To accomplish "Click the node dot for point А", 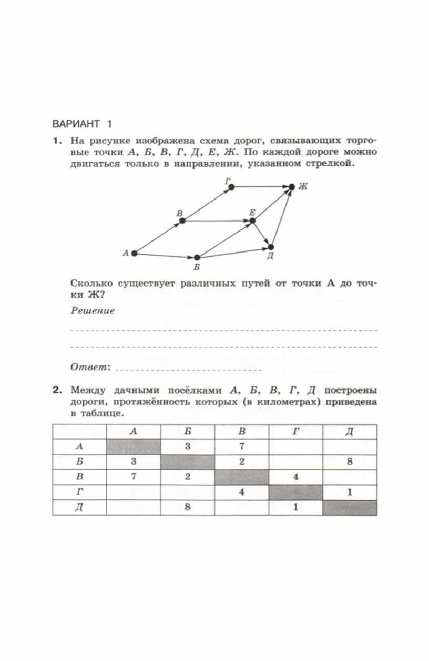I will click(x=134, y=254).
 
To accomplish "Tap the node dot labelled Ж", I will click(x=292, y=186).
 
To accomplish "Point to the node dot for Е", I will click(x=252, y=221).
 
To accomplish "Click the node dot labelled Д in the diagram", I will click(x=271, y=247).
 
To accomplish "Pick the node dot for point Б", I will click(x=197, y=258).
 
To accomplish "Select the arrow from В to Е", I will click(x=217, y=221).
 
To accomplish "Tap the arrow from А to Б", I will click(x=166, y=256).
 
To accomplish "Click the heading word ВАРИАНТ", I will click(x=76, y=124).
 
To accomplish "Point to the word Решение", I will click(x=93, y=310).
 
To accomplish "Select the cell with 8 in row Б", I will click(x=350, y=462).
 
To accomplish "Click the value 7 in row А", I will click(x=242, y=447).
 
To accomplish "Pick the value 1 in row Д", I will click(x=296, y=508).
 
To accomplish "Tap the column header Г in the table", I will click(x=296, y=432).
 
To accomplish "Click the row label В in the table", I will click(x=79, y=477).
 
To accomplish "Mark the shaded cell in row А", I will click(x=134, y=447).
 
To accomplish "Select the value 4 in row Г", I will click(x=242, y=492).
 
